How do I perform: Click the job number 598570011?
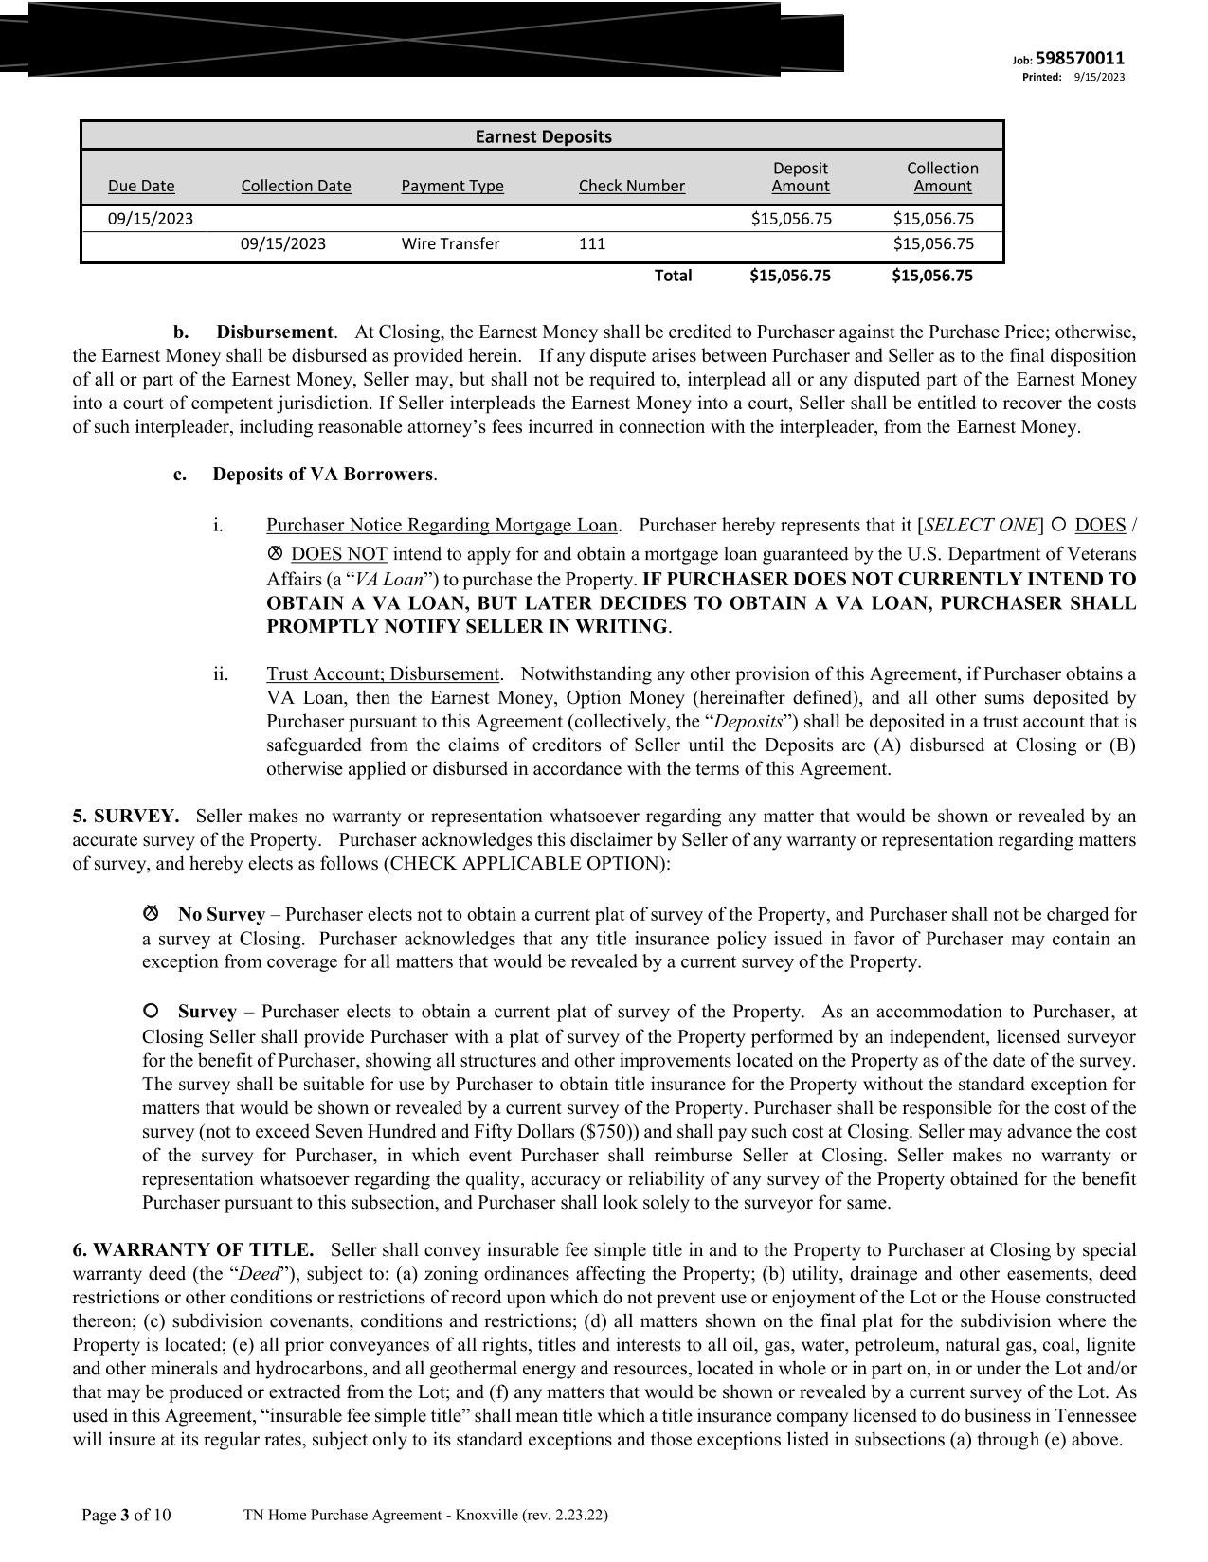click(1080, 59)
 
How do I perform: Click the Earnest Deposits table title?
click(543, 136)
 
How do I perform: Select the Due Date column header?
click(141, 186)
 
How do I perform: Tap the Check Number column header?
click(631, 186)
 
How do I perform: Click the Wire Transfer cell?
click(450, 243)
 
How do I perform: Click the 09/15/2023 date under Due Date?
click(150, 219)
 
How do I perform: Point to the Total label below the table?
click(673, 276)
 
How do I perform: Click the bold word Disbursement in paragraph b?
click(275, 332)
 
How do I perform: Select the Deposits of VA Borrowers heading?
click(322, 475)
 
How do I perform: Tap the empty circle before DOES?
click(1059, 525)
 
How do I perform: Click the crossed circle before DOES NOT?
click(276, 552)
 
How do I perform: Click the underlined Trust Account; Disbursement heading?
click(383, 674)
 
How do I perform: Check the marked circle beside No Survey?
click(151, 914)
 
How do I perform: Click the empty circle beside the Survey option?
click(151, 1011)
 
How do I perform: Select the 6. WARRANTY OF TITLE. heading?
click(193, 1250)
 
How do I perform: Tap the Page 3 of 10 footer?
click(126, 1516)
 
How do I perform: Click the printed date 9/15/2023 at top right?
click(1099, 77)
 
